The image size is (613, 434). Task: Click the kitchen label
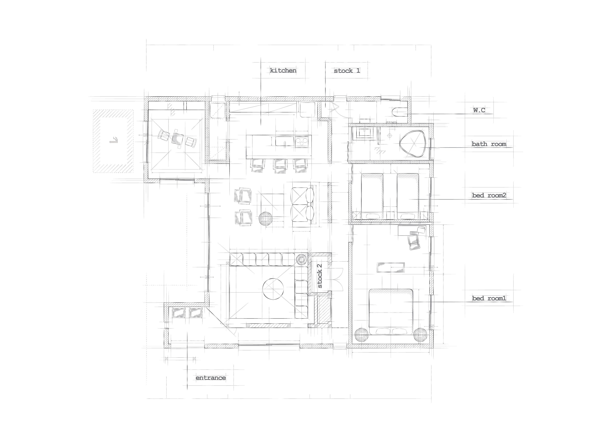click(x=283, y=71)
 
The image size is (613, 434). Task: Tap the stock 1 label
click(x=347, y=71)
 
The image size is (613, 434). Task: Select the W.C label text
click(x=479, y=110)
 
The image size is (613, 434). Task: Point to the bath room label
click(x=489, y=144)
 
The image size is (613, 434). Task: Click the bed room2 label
click(x=489, y=195)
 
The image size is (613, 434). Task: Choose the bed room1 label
click(x=489, y=298)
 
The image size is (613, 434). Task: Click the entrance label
click(x=211, y=378)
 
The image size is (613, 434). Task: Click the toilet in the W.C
click(x=400, y=112)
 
